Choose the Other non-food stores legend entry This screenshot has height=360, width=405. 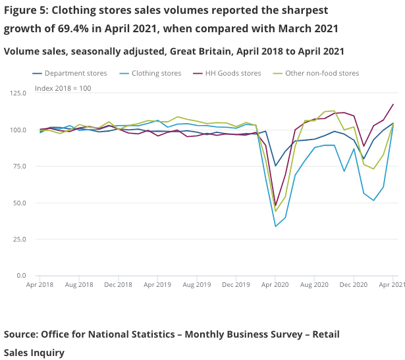[322, 73]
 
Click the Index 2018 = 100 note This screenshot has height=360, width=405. [63, 88]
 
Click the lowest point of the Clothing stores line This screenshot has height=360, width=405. [276, 226]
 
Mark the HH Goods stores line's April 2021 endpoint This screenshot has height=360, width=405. [393, 104]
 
